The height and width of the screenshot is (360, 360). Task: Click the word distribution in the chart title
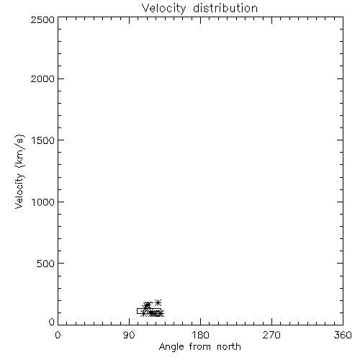pyautogui.click(x=225, y=8)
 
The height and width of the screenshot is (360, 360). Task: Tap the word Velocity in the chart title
pyautogui.click(x=163, y=9)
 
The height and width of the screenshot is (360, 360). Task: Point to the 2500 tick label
pyautogui.click(x=42, y=19)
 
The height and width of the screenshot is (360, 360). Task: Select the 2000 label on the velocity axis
pyautogui.click(x=42, y=78)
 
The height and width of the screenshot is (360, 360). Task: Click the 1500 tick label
pyautogui.click(x=43, y=140)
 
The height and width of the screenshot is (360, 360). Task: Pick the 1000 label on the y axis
pyautogui.click(x=43, y=202)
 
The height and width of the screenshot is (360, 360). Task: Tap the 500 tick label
pyautogui.click(x=46, y=264)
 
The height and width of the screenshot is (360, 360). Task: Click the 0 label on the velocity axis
pyautogui.click(x=52, y=322)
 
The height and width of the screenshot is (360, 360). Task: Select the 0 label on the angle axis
pyautogui.click(x=58, y=335)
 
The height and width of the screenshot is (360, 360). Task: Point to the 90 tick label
pyautogui.click(x=129, y=335)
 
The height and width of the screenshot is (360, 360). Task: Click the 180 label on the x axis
pyautogui.click(x=200, y=335)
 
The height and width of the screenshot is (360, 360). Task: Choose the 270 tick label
pyautogui.click(x=271, y=335)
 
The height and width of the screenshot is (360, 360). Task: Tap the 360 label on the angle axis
pyautogui.click(x=343, y=335)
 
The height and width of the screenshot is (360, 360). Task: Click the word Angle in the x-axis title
pyautogui.click(x=171, y=347)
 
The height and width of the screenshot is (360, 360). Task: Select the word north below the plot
pyautogui.click(x=229, y=346)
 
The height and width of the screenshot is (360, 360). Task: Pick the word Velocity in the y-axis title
pyautogui.click(x=19, y=191)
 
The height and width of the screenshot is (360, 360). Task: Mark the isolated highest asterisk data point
pyautogui.click(x=158, y=302)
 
